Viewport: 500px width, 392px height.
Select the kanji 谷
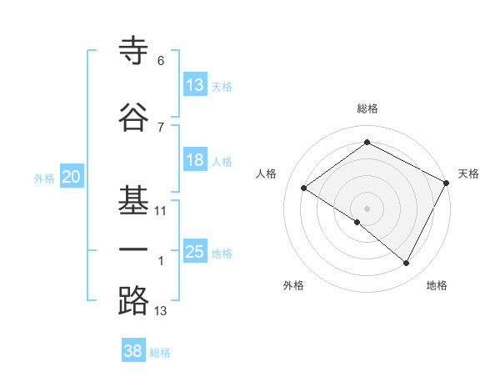[x=133, y=117]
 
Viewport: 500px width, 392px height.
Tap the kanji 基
[x=133, y=198]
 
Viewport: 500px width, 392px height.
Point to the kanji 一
[x=133, y=249]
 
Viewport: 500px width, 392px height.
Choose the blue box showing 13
[x=195, y=84]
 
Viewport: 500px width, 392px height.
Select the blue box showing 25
[x=195, y=252]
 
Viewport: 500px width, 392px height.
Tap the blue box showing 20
[x=72, y=176]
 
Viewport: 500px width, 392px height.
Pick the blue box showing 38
[x=133, y=351]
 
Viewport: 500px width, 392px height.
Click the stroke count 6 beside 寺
[x=161, y=61]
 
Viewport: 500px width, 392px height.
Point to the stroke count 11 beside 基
[x=161, y=211]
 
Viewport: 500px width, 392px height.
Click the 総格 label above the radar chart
[x=367, y=108]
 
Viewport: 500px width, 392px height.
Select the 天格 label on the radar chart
[x=468, y=173]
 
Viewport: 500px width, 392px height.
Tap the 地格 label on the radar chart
[x=437, y=285]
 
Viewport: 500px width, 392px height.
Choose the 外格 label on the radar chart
[x=293, y=285]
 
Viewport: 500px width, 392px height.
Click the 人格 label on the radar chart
[x=267, y=173]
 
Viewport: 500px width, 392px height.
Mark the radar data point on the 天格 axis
[x=447, y=183]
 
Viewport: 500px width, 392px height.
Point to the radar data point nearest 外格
[x=357, y=222]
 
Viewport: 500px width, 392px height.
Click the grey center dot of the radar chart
[x=367, y=208]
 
